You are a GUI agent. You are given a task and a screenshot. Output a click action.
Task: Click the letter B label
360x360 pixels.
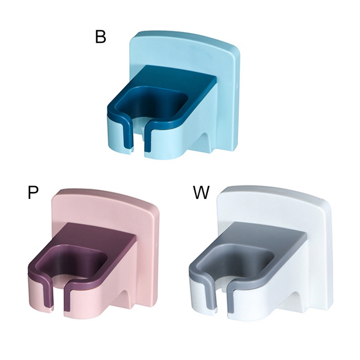click(x=100, y=37)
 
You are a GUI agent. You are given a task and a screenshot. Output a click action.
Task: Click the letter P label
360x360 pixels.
click(x=33, y=193)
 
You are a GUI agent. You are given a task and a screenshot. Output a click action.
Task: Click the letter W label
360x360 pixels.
click(x=201, y=193)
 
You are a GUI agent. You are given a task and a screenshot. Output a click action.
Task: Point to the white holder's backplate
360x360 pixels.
click(x=319, y=220)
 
